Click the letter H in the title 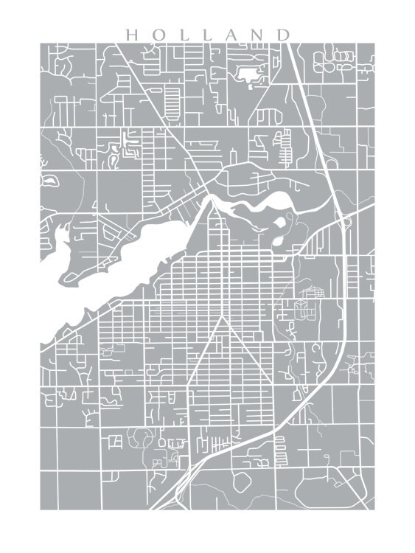click(x=130, y=35)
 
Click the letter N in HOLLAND click(x=257, y=35)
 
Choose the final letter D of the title click(x=283, y=35)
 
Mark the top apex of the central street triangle click(x=223, y=319)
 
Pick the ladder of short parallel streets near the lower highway click(x=280, y=445)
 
